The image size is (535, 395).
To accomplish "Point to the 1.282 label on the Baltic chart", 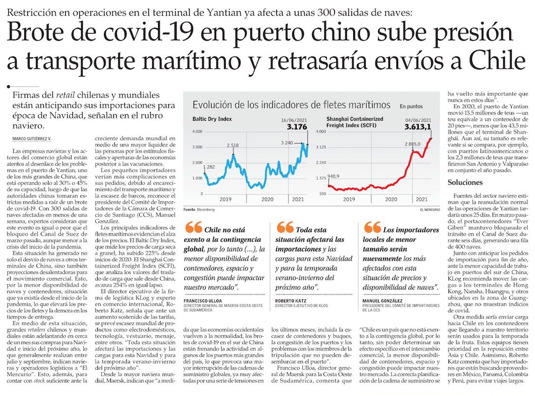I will click(x=209, y=167).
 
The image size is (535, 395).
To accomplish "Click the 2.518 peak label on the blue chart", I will click(x=232, y=145).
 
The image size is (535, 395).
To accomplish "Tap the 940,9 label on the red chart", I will click(x=334, y=176).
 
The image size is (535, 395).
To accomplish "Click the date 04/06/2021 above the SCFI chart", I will click(x=418, y=120).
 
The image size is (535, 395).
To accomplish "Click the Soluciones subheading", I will click(x=465, y=183).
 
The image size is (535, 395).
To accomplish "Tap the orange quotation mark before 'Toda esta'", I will click(x=285, y=227).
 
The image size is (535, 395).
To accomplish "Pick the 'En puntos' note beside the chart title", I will click(x=411, y=106).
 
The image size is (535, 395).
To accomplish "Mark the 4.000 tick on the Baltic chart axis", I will click(x=196, y=132).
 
